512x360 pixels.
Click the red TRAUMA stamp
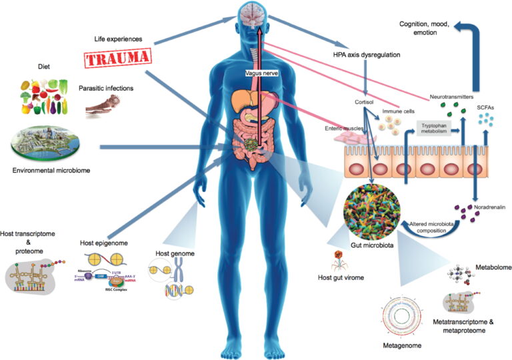116,57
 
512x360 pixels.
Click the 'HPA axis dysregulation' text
366,55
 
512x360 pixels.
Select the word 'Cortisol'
365,103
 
